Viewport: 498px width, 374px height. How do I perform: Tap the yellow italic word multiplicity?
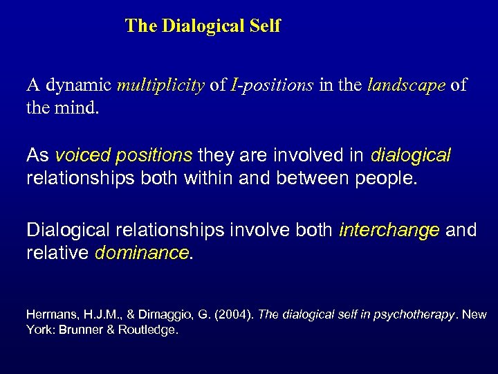[x=160, y=86]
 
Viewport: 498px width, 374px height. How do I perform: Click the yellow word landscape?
[x=406, y=86]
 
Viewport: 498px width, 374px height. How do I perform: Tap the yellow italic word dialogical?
[x=410, y=155]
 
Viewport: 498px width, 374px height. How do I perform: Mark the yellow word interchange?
[x=389, y=230]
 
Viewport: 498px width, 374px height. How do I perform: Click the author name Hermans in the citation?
[x=52, y=315]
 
